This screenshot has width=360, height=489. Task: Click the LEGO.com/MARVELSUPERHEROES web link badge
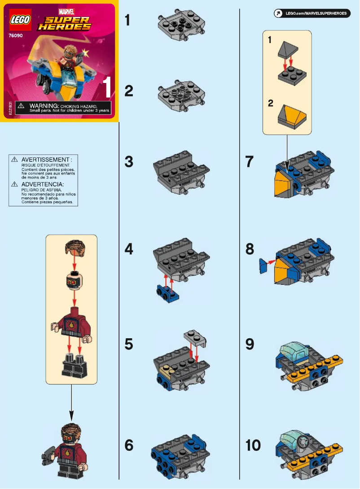pyautogui.click(x=312, y=14)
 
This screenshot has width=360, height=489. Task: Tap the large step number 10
pyautogui.click(x=253, y=445)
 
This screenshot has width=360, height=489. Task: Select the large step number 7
pyautogui.click(x=250, y=162)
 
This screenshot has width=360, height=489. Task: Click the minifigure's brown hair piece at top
pyautogui.click(x=72, y=248)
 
